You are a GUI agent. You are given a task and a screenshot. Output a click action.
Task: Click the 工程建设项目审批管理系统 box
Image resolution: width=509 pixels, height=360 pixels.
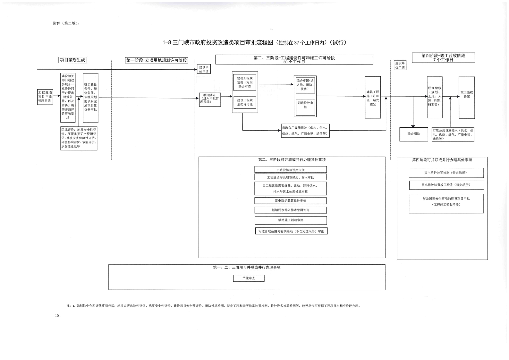(x=45, y=97)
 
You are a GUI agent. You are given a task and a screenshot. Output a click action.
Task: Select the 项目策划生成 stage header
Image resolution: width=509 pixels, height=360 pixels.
(x=72, y=60)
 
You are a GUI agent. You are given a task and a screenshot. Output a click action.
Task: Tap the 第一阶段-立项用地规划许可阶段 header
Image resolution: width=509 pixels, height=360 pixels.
(x=156, y=60)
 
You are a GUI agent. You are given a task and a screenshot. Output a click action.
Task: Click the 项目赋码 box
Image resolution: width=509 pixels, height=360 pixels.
(x=210, y=99)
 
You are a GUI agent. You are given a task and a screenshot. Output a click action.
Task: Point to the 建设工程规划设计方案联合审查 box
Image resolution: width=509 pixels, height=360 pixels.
(x=245, y=82)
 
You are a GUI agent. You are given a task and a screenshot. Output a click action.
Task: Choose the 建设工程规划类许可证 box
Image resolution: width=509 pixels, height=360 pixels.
(x=245, y=102)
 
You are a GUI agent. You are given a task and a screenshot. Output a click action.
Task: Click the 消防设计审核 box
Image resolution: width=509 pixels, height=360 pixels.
(x=305, y=105)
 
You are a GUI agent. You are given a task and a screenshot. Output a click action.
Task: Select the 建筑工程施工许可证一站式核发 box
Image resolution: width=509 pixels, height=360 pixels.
(x=373, y=98)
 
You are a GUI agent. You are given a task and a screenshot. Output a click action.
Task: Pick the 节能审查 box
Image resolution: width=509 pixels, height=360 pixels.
(x=249, y=279)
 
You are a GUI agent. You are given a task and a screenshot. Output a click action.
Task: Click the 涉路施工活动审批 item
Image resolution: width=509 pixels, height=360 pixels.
(x=291, y=220)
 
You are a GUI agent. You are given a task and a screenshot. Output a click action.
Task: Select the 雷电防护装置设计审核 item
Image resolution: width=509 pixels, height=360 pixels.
(x=291, y=201)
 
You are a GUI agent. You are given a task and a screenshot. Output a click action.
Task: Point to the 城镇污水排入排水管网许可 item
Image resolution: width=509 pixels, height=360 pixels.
(x=291, y=210)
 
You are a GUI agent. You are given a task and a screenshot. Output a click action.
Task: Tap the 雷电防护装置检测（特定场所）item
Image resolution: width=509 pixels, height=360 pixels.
(x=446, y=173)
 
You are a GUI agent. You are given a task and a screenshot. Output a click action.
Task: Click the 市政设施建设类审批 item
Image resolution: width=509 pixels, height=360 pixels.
(x=291, y=170)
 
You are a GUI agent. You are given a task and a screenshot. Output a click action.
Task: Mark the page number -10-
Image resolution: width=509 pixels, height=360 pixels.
(x=57, y=316)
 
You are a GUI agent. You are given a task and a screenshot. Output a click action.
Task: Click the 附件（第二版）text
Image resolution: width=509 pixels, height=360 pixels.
(x=66, y=23)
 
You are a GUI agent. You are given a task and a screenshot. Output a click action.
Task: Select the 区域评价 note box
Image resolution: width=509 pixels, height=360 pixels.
(x=79, y=138)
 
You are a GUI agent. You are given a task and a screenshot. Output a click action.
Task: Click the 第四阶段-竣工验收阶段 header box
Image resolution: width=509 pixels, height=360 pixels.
(x=443, y=58)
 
